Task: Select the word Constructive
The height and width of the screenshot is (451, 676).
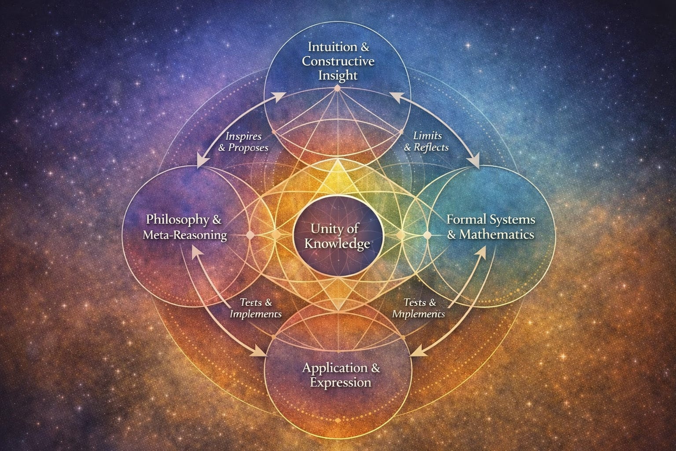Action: tap(338, 61)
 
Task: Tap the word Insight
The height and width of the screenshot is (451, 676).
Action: tap(338, 75)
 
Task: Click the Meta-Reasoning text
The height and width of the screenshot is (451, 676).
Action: tap(185, 235)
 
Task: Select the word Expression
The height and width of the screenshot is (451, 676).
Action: tap(340, 382)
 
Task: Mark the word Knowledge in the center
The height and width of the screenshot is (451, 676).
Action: tap(338, 244)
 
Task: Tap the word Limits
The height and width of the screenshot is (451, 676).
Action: tap(428, 136)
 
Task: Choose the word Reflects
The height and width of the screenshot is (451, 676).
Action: tap(431, 148)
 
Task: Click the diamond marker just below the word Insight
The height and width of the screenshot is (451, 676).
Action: tap(338, 89)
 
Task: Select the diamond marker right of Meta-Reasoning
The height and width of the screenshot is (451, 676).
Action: tap(250, 235)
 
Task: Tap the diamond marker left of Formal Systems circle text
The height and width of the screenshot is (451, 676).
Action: tap(426, 235)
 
